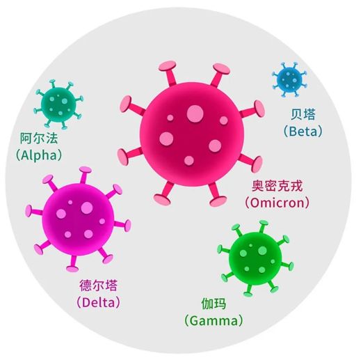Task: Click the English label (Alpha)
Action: (39, 155)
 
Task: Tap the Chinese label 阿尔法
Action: (39, 139)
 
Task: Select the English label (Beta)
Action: (303, 131)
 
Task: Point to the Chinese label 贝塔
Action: (303, 114)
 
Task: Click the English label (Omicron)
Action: (277, 203)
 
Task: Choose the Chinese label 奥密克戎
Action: (277, 186)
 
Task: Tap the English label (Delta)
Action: (99, 302)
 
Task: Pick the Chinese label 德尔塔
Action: (99, 285)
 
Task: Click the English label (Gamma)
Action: (213, 321)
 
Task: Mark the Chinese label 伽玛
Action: (213, 304)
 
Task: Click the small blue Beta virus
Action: (289, 79)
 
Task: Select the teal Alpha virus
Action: (58, 104)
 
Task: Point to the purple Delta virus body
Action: (78, 219)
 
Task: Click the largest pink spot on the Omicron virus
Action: (195, 114)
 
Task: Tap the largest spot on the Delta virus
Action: (87, 208)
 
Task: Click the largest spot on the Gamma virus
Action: (262, 251)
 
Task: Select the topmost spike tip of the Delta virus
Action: (86, 170)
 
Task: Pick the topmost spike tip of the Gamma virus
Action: (264, 223)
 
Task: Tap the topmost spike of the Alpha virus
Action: (52, 84)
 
